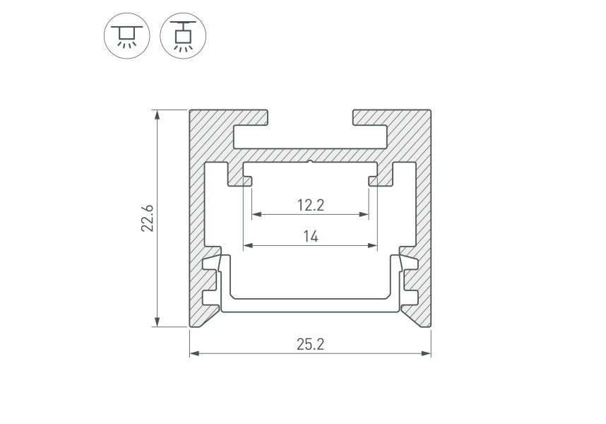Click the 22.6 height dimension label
point(148,218)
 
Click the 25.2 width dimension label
point(310,344)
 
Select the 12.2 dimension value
point(310,205)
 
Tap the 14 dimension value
point(310,236)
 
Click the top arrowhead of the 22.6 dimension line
point(157,114)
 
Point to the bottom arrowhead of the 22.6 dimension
point(157,322)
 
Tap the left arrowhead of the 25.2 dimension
point(194,353)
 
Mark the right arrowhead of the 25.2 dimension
point(426,353)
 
